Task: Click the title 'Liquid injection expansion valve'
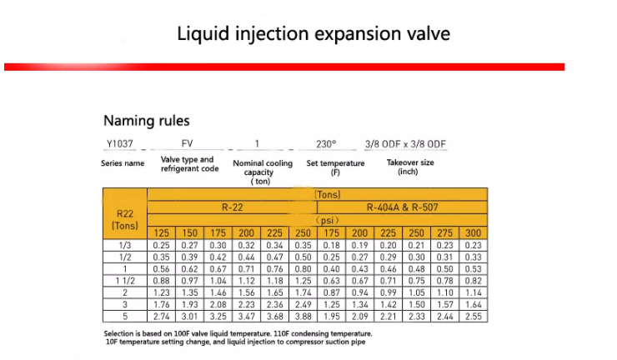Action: point(314,34)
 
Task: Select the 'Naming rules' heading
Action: point(146,121)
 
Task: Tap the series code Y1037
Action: point(122,143)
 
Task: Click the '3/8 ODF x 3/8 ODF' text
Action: point(405,143)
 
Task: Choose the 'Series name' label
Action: point(123,163)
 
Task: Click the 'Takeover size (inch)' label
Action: point(409,167)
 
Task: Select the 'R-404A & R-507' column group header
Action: point(402,207)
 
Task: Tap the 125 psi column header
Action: point(162,232)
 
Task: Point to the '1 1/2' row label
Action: point(125,281)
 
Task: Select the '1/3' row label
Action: point(125,245)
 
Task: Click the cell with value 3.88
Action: point(303,317)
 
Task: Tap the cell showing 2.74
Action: point(162,317)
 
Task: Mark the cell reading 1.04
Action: point(218,281)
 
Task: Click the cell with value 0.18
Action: point(332,245)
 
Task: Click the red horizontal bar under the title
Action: point(283,67)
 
